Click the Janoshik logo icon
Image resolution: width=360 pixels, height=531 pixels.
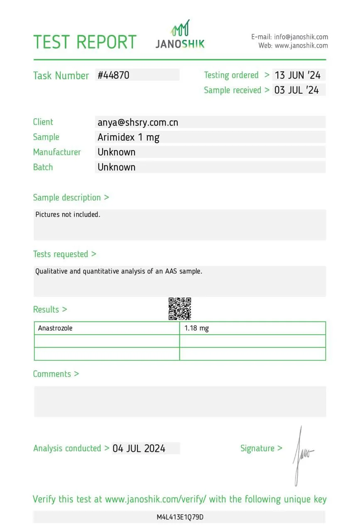181,28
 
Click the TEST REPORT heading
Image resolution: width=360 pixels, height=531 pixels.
85,42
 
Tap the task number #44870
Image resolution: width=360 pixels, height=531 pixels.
113,75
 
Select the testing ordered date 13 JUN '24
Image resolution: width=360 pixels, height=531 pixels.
298,75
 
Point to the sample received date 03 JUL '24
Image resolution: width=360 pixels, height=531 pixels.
296,90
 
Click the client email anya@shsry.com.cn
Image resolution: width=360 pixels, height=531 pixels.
138,122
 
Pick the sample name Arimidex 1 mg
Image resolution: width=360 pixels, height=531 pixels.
128,137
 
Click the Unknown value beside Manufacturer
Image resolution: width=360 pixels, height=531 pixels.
116,152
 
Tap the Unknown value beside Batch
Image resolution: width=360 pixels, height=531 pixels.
116,167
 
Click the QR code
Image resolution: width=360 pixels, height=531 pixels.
180,309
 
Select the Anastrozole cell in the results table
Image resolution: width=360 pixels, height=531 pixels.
55,328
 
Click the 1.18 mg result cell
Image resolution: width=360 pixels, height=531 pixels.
197,328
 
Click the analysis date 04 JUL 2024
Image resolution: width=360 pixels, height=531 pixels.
139,448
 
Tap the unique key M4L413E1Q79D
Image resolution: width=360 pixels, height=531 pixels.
180,517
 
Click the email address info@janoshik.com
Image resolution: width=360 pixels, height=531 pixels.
301,37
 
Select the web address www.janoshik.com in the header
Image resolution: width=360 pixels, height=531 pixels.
301,46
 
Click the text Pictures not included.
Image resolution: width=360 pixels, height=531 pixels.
68,214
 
